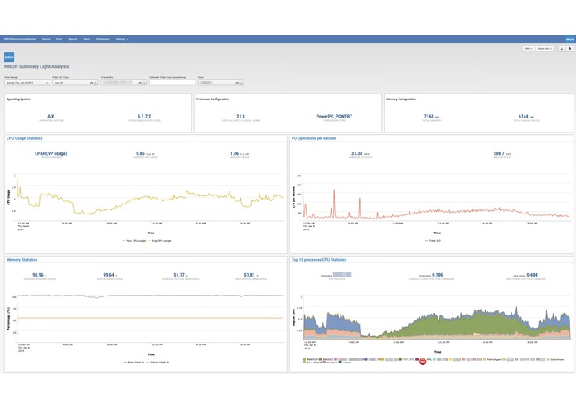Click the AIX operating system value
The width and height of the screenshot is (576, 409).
point(51,118)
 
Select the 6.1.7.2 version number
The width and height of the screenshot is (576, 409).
point(144,118)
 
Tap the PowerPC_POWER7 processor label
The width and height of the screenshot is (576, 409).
point(334,118)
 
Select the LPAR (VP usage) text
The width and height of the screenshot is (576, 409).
point(51,153)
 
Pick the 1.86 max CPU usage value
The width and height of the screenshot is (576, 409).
point(236,153)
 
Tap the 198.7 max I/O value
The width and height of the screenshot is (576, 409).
point(499,153)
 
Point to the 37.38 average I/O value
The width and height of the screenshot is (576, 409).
point(357,153)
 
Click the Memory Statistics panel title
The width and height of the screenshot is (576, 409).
point(23,259)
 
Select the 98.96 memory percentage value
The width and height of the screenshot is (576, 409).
point(38,274)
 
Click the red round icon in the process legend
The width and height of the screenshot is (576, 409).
point(423,361)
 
